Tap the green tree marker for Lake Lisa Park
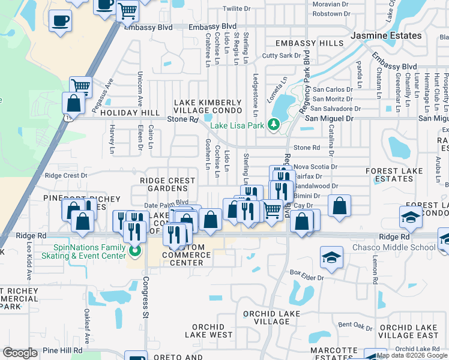[x=274, y=125]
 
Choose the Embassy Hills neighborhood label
[x=310, y=44]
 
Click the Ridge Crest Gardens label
[x=167, y=184]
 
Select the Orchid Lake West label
[x=208, y=331]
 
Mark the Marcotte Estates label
[x=334, y=354]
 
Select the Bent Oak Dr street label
[x=355, y=325]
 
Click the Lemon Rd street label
[x=375, y=270]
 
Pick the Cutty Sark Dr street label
[x=282, y=56]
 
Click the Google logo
[x=20, y=353]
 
